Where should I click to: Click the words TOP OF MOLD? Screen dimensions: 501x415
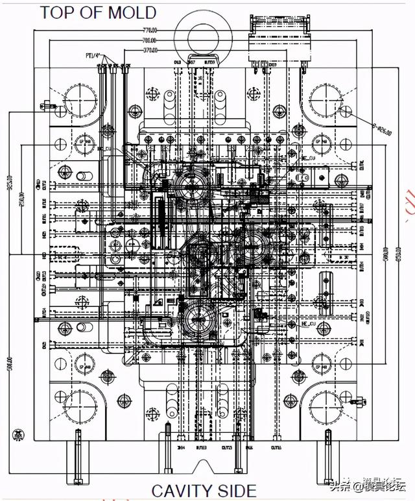click(x=99, y=12)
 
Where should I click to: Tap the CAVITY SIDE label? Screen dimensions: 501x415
click(x=204, y=491)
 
